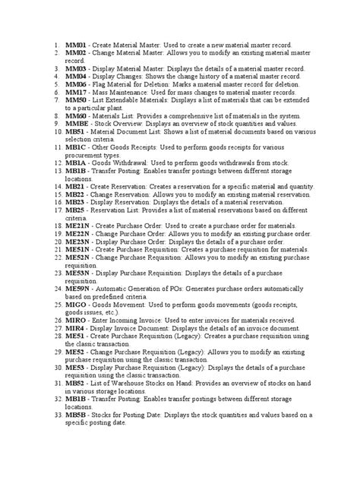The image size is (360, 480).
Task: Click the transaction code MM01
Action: [x=77, y=46]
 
